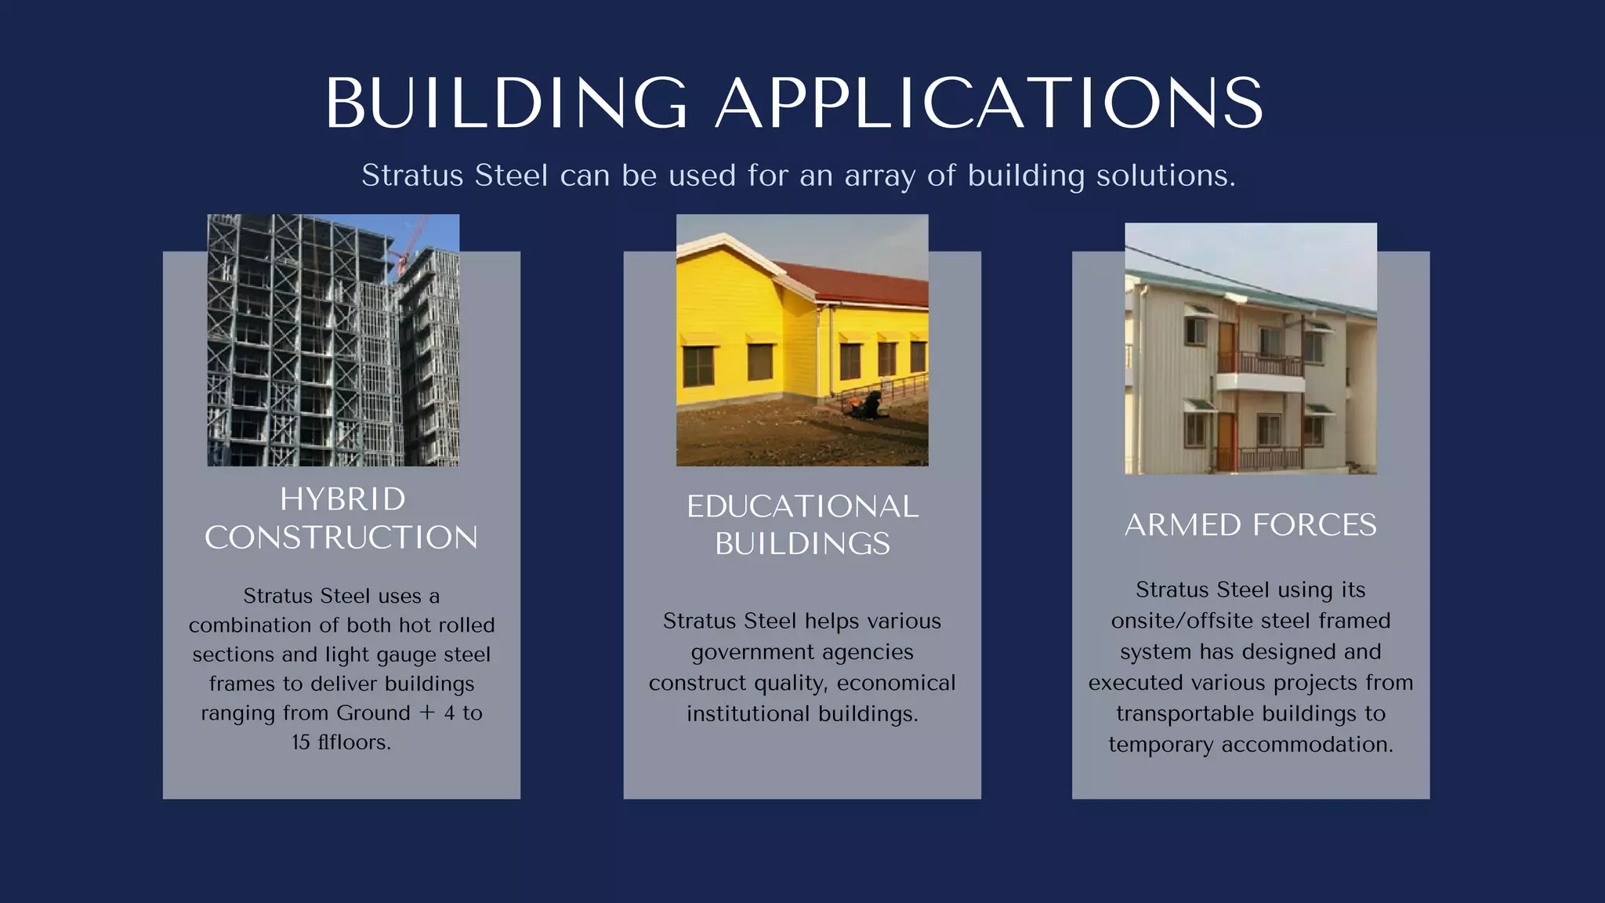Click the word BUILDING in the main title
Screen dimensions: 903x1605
pos(505,103)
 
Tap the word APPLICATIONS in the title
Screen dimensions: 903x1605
pos(989,103)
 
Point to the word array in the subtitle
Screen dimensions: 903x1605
pos(879,176)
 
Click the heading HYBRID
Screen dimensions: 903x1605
pos(342,499)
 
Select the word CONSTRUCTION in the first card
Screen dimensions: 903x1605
pos(341,538)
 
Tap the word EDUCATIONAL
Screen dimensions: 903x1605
pos(802,506)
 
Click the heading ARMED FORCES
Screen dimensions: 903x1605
pos(1250,525)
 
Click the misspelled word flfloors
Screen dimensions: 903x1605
pos(353,742)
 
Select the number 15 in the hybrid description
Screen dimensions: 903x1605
pos(301,742)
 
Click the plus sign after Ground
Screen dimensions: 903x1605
pos(427,713)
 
